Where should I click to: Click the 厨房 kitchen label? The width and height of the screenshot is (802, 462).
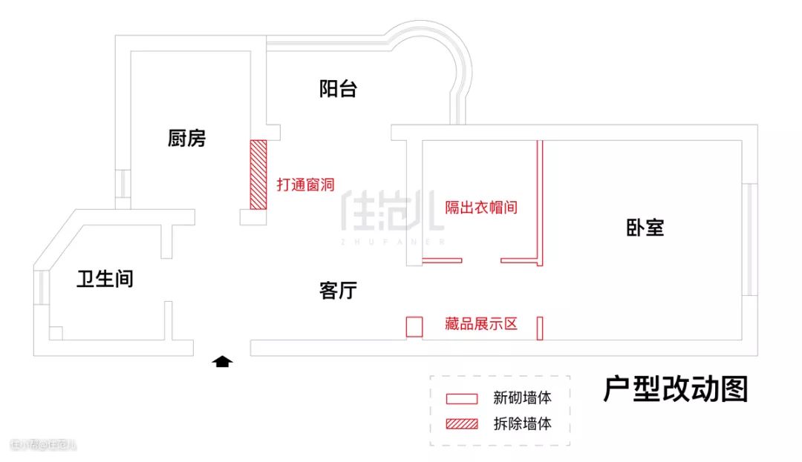point(186,138)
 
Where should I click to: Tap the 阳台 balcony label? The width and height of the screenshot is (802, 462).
point(338,90)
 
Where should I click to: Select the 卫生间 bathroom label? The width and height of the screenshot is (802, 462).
point(105,279)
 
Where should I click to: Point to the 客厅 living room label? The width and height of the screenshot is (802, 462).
point(338,291)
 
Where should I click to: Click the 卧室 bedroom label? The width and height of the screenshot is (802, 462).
point(645,228)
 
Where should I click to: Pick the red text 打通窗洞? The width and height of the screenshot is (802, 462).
point(305,185)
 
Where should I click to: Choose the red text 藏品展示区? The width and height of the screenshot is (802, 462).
point(480,324)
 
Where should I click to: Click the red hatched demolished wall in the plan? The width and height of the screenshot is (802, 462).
point(258,174)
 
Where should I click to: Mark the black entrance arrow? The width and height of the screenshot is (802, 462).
point(223,361)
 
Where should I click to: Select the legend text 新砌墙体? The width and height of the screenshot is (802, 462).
point(522,397)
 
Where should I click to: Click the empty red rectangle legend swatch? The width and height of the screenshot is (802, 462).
point(461,398)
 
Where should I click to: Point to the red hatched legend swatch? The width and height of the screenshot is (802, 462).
point(461,424)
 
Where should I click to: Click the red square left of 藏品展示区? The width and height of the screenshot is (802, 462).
point(414,326)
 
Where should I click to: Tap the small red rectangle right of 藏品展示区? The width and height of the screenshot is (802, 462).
point(540,328)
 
